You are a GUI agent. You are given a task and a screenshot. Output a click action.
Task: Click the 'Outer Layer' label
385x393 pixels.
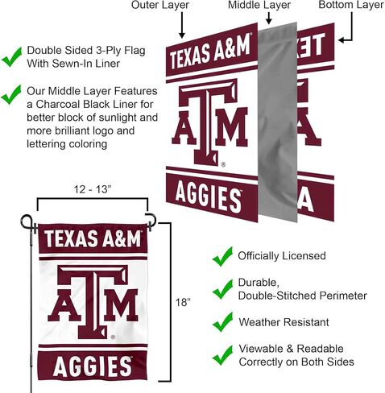tap(160, 5)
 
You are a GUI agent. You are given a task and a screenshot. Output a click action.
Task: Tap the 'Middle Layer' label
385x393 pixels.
tap(259, 5)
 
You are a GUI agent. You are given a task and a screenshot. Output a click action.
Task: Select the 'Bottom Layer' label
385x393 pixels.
tap(351, 5)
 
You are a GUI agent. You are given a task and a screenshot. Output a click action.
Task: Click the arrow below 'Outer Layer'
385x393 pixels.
tap(182, 25)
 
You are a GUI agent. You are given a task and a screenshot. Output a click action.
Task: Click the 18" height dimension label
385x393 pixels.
tap(183, 302)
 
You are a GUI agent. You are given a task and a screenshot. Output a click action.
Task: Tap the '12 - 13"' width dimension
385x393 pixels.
tap(93, 189)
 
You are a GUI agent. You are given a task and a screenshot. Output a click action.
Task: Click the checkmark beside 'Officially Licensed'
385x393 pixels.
tap(222, 256)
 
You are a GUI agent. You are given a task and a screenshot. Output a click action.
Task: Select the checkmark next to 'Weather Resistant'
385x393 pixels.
tap(222, 322)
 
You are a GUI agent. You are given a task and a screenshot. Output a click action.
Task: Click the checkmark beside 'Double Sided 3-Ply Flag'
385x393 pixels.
tap(11, 56)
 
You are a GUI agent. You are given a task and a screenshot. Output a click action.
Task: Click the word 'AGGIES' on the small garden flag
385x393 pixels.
tap(93, 366)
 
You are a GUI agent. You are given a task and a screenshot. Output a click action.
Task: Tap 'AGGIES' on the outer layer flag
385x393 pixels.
tap(208, 198)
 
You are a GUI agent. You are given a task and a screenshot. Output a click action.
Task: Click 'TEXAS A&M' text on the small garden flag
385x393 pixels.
tap(93, 238)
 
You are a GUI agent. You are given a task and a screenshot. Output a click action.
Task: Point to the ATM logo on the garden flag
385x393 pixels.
tap(93, 302)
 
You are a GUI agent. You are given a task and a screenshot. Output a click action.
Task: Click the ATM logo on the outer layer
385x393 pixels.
tap(209, 122)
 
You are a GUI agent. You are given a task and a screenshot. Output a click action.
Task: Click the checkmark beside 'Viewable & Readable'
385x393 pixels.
tap(222, 355)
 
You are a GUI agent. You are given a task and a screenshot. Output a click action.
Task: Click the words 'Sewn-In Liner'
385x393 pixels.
tap(86, 64)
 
